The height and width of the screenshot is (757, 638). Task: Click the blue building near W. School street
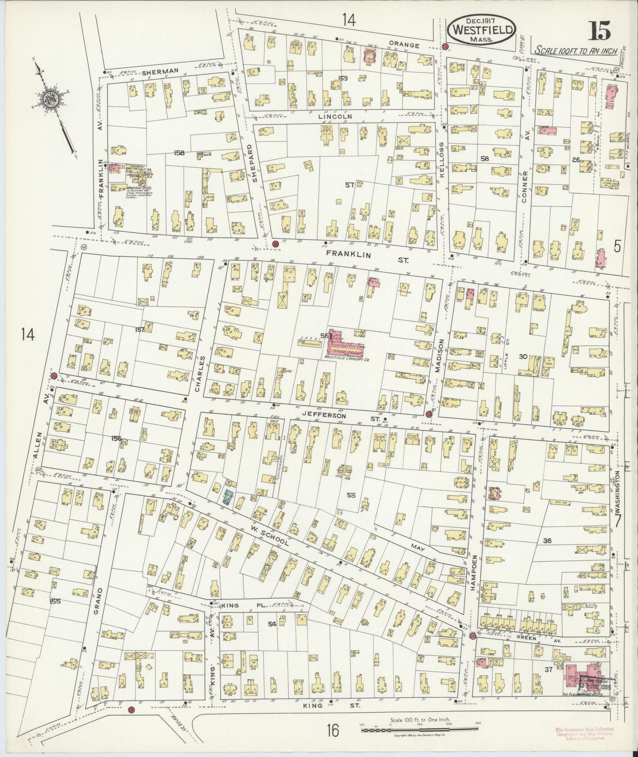tap(228, 497)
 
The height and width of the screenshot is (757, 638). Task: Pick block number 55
tap(351, 495)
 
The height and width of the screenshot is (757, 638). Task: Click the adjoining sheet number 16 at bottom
tap(333, 730)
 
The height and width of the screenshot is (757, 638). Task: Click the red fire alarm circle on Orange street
tap(445, 47)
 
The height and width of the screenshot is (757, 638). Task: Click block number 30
tap(523, 357)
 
